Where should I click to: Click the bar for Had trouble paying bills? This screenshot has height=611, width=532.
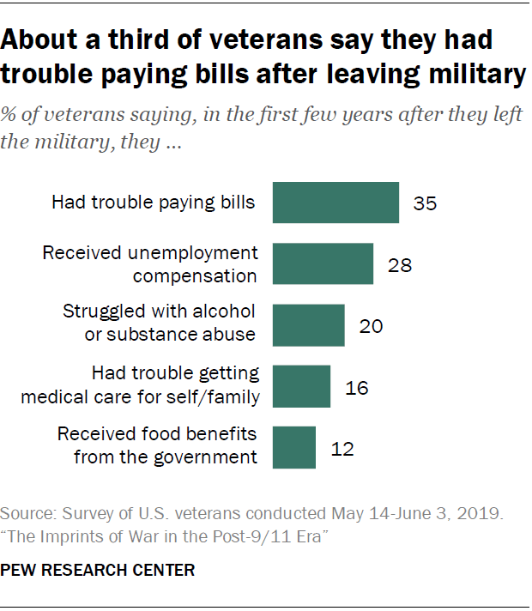coord(336,203)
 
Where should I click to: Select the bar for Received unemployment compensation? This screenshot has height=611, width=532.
coord(323,263)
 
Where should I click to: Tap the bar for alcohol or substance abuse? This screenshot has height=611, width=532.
coord(308,325)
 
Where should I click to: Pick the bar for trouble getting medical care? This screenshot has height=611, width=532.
coord(301,386)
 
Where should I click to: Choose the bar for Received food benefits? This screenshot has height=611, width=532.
coord(293,447)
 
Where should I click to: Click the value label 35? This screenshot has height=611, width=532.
coord(425,203)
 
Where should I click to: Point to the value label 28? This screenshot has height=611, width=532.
coord(399,264)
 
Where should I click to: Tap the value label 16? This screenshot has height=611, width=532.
coord(356,387)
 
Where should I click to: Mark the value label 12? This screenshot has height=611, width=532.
coord(342,448)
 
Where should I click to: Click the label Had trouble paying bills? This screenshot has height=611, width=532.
coord(154,203)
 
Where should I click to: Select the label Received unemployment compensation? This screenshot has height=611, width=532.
coord(150,263)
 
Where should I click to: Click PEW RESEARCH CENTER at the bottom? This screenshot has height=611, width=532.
coord(97,569)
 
